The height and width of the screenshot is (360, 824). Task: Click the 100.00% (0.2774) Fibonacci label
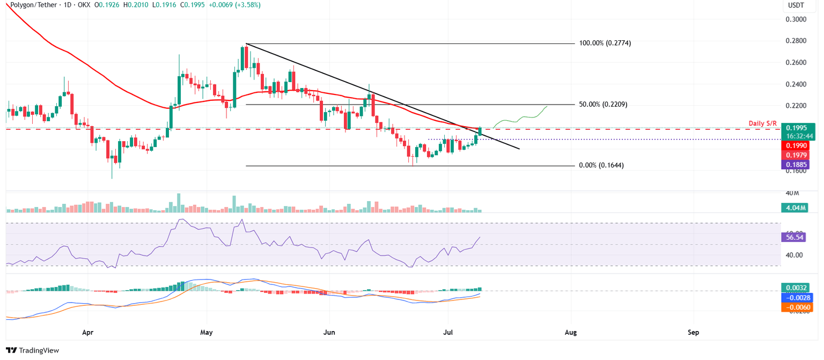(x=604, y=43)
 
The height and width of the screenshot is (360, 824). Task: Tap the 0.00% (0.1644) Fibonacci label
(x=601, y=166)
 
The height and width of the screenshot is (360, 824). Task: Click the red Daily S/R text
(x=762, y=123)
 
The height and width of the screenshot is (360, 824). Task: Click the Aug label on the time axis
(x=571, y=332)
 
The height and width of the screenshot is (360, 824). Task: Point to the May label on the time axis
(x=207, y=332)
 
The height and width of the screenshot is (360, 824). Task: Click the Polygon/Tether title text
(x=32, y=5)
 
